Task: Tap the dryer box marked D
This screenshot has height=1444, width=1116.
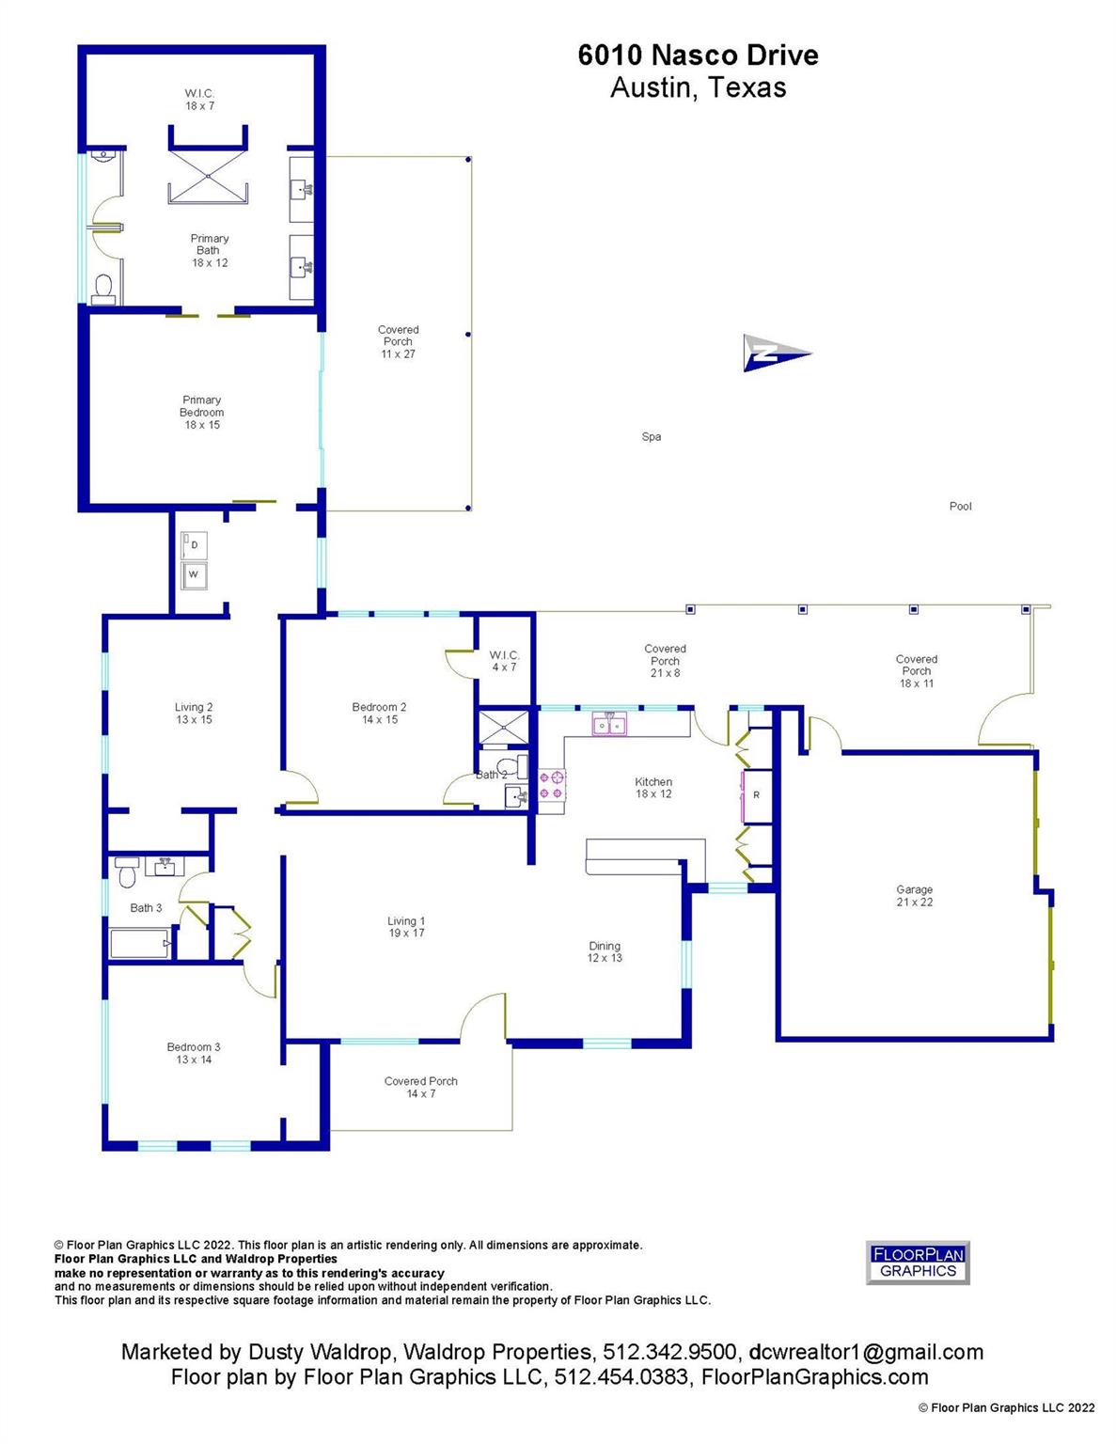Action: point(195,546)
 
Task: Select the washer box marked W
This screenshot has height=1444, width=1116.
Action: point(195,574)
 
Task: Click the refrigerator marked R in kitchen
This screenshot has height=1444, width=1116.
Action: point(756,795)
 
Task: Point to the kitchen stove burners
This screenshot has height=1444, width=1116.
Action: point(551,785)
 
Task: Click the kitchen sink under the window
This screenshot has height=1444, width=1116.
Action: point(608,725)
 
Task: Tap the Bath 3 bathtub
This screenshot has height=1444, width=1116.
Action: point(139,943)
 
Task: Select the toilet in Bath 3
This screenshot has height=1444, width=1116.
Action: point(126,874)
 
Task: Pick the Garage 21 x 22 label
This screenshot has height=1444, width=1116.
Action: point(914,896)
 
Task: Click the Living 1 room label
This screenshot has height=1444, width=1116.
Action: point(406,927)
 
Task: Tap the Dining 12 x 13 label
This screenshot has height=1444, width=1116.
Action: point(605,952)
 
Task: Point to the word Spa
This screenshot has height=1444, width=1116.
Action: point(651,437)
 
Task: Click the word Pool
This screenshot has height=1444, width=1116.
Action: point(960,507)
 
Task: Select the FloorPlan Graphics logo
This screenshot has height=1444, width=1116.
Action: point(917,1263)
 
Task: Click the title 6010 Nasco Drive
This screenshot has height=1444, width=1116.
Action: point(698,55)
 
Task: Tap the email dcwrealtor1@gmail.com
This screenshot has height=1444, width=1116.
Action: point(866,1353)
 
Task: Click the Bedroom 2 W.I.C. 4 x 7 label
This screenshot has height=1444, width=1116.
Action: point(504,661)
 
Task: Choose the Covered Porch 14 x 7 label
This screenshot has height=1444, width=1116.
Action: point(420,1088)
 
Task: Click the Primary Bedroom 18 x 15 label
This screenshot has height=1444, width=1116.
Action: point(201,413)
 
